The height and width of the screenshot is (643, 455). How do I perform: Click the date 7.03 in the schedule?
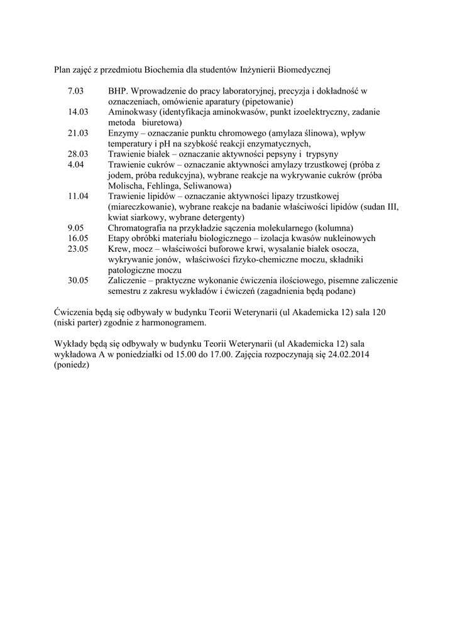click(x=75, y=91)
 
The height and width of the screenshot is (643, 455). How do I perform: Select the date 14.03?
click(x=78, y=112)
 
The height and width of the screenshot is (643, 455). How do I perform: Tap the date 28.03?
click(x=78, y=154)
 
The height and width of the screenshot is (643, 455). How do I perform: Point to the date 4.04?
click(x=75, y=165)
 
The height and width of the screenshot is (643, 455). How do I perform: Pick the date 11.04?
click(x=78, y=196)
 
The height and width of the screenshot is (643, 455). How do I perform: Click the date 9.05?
click(x=75, y=227)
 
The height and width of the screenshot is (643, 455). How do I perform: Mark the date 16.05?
click(x=78, y=238)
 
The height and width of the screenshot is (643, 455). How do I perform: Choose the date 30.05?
click(x=78, y=280)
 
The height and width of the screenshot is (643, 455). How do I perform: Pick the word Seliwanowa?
click(x=207, y=185)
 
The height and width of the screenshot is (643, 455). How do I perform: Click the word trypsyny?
click(x=322, y=154)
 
